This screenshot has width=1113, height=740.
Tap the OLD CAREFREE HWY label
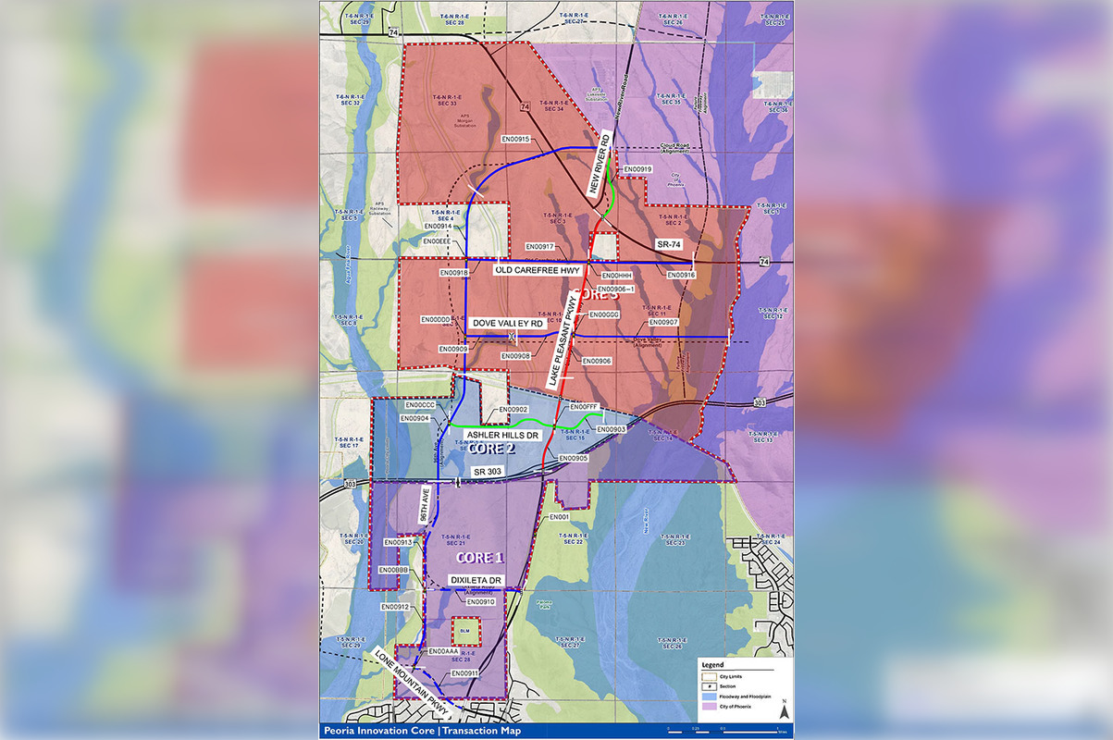538,270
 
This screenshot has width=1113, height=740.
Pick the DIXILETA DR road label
475,580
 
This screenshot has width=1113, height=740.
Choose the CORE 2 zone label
491,450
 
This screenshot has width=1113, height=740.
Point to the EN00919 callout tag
637,169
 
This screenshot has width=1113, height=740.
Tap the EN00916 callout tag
680,275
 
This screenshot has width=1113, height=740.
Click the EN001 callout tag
558,517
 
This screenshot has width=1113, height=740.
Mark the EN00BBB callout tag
393,570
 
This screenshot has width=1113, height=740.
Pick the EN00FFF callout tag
586,407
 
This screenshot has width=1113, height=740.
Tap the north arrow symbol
784,710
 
